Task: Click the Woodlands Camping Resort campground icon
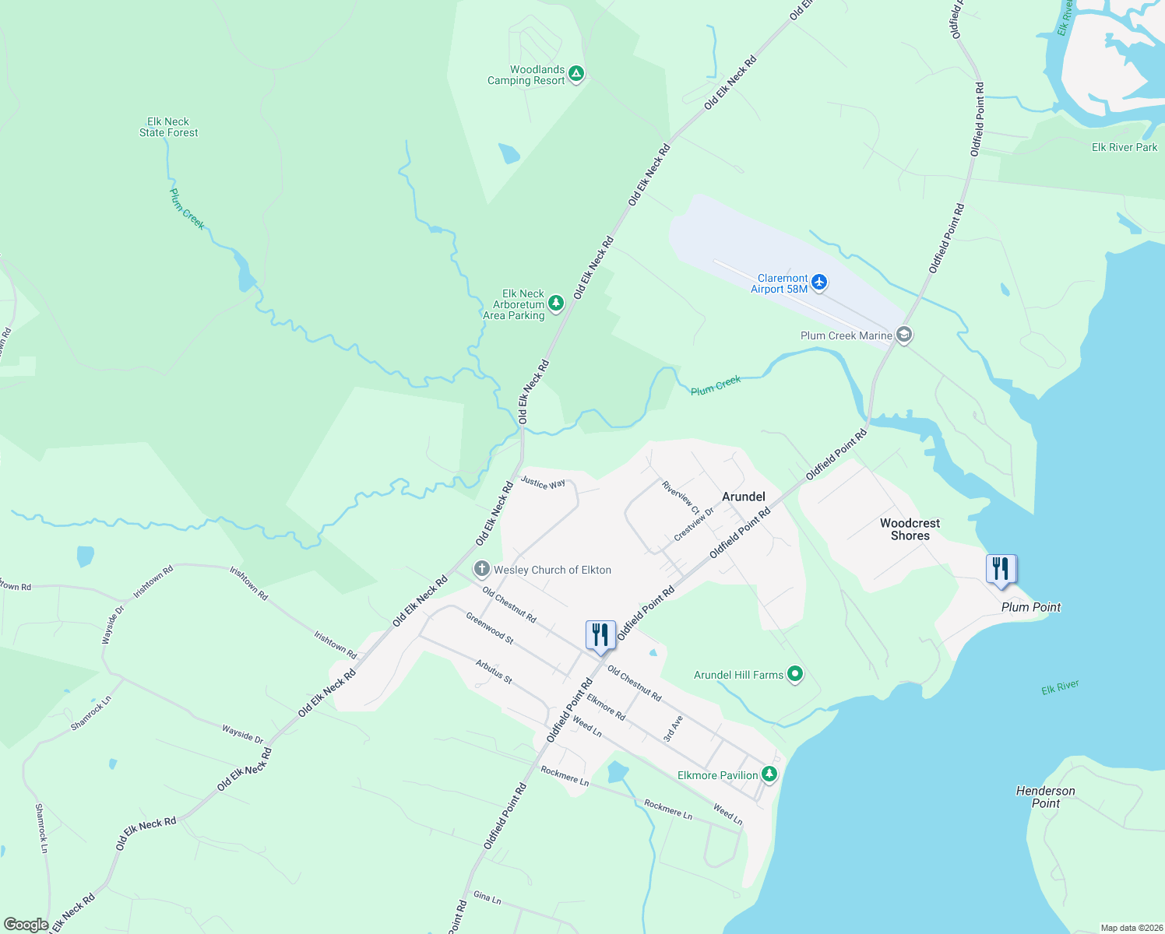[576, 74]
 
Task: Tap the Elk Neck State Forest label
[168, 127]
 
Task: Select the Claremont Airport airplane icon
[818, 282]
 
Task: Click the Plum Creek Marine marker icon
[904, 335]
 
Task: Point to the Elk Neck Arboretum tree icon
[555, 303]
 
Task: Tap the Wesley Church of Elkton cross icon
[482, 570]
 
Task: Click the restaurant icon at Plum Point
[1001, 568]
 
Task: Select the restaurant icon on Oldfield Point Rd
[600, 634]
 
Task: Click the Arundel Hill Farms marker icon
[795, 674]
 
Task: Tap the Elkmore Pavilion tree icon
[769, 774]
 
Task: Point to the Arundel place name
[744, 497]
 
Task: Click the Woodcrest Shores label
[910, 529]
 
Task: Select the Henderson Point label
[1045, 797]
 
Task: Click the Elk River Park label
[1124, 147]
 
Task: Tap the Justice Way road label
[543, 483]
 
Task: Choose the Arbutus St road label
[494, 672]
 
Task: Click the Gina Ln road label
[487, 897]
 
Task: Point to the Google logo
[26, 925]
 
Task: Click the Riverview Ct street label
[681, 497]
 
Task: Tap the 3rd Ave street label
[674, 729]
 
